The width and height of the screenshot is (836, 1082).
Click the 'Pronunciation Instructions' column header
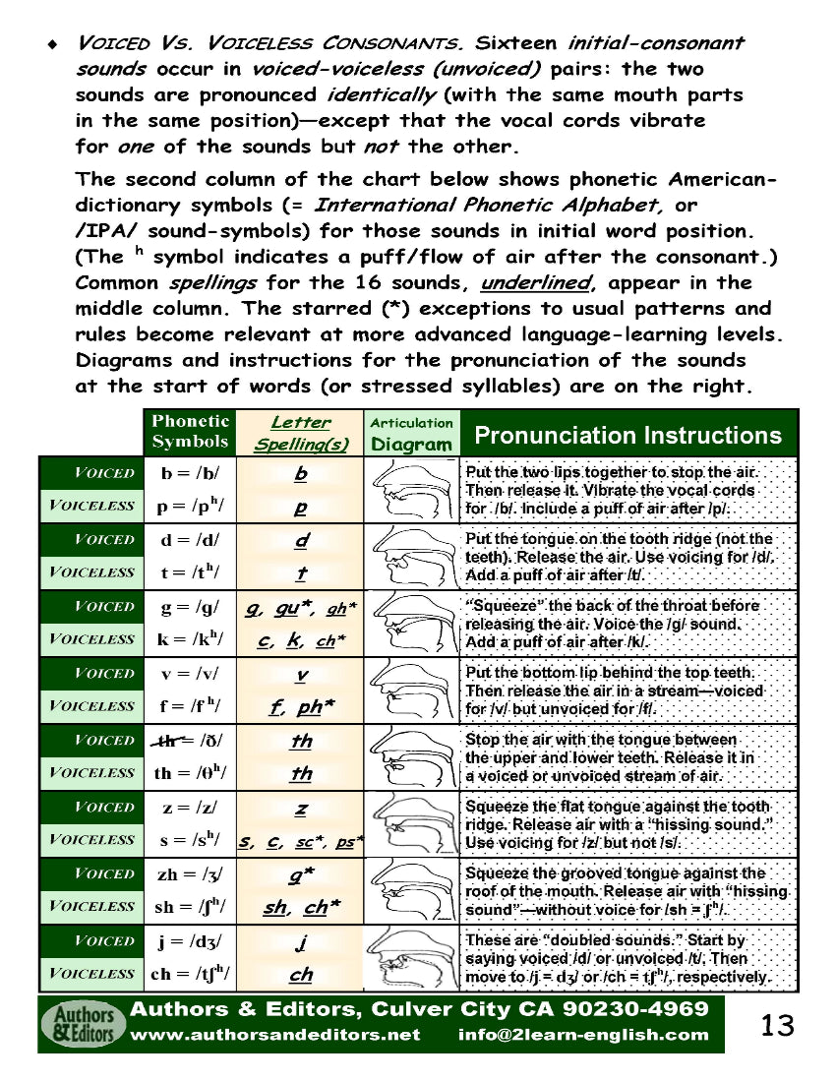[627, 435]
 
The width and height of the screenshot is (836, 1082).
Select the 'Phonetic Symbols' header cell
[190, 432]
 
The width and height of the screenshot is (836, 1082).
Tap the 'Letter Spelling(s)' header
[301, 433]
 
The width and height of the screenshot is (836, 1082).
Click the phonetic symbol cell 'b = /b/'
[190, 472]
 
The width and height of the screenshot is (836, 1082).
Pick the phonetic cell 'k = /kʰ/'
[190, 639]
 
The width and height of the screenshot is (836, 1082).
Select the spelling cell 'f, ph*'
[301, 705]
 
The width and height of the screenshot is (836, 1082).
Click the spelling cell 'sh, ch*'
[301, 907]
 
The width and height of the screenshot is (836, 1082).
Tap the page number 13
[777, 1026]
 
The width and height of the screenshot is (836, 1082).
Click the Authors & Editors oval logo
[83, 1025]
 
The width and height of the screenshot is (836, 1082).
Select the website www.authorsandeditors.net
[275, 1035]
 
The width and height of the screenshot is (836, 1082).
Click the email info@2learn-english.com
[583, 1035]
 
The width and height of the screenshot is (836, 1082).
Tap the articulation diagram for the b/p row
[412, 489]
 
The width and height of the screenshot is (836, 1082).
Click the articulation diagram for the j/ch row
[412, 957]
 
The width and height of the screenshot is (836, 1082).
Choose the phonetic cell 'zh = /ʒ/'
[190, 873]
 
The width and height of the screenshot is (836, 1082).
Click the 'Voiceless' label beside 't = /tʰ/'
[91, 572]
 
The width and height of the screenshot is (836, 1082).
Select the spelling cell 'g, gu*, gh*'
[301, 608]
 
